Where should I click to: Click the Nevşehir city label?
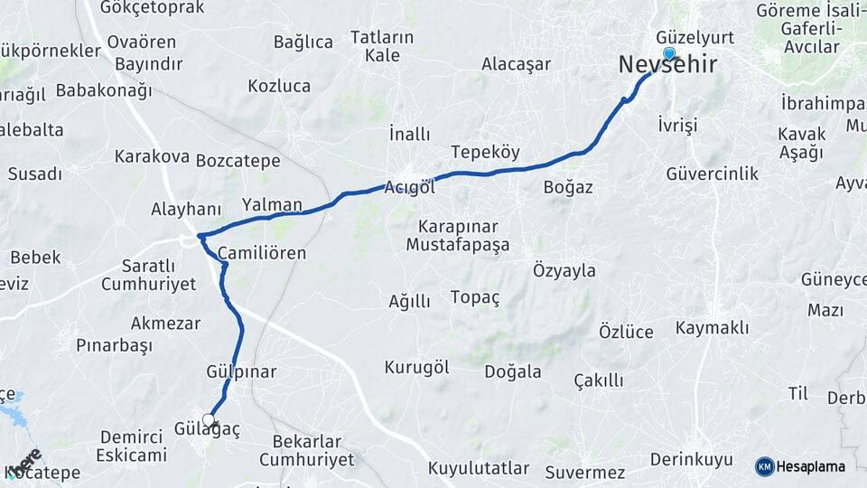point(668,66)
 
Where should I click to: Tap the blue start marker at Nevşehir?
point(669,53)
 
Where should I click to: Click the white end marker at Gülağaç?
point(210,420)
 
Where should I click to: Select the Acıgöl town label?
point(410,187)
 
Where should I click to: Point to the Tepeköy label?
point(485,153)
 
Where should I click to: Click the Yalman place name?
point(272,205)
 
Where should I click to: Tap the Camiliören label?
point(262,253)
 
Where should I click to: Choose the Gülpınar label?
point(241,371)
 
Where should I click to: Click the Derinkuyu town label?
point(692,460)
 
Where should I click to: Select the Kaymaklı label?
point(712,328)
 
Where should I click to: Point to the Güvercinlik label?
point(713,174)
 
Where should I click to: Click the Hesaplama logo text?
point(811,466)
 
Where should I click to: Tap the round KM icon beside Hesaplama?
point(765,466)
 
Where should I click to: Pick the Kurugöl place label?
point(416,368)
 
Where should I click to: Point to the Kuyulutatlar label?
point(478,468)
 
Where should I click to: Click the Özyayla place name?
point(564,270)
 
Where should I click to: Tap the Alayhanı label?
point(186,210)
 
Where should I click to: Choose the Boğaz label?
point(568,187)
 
